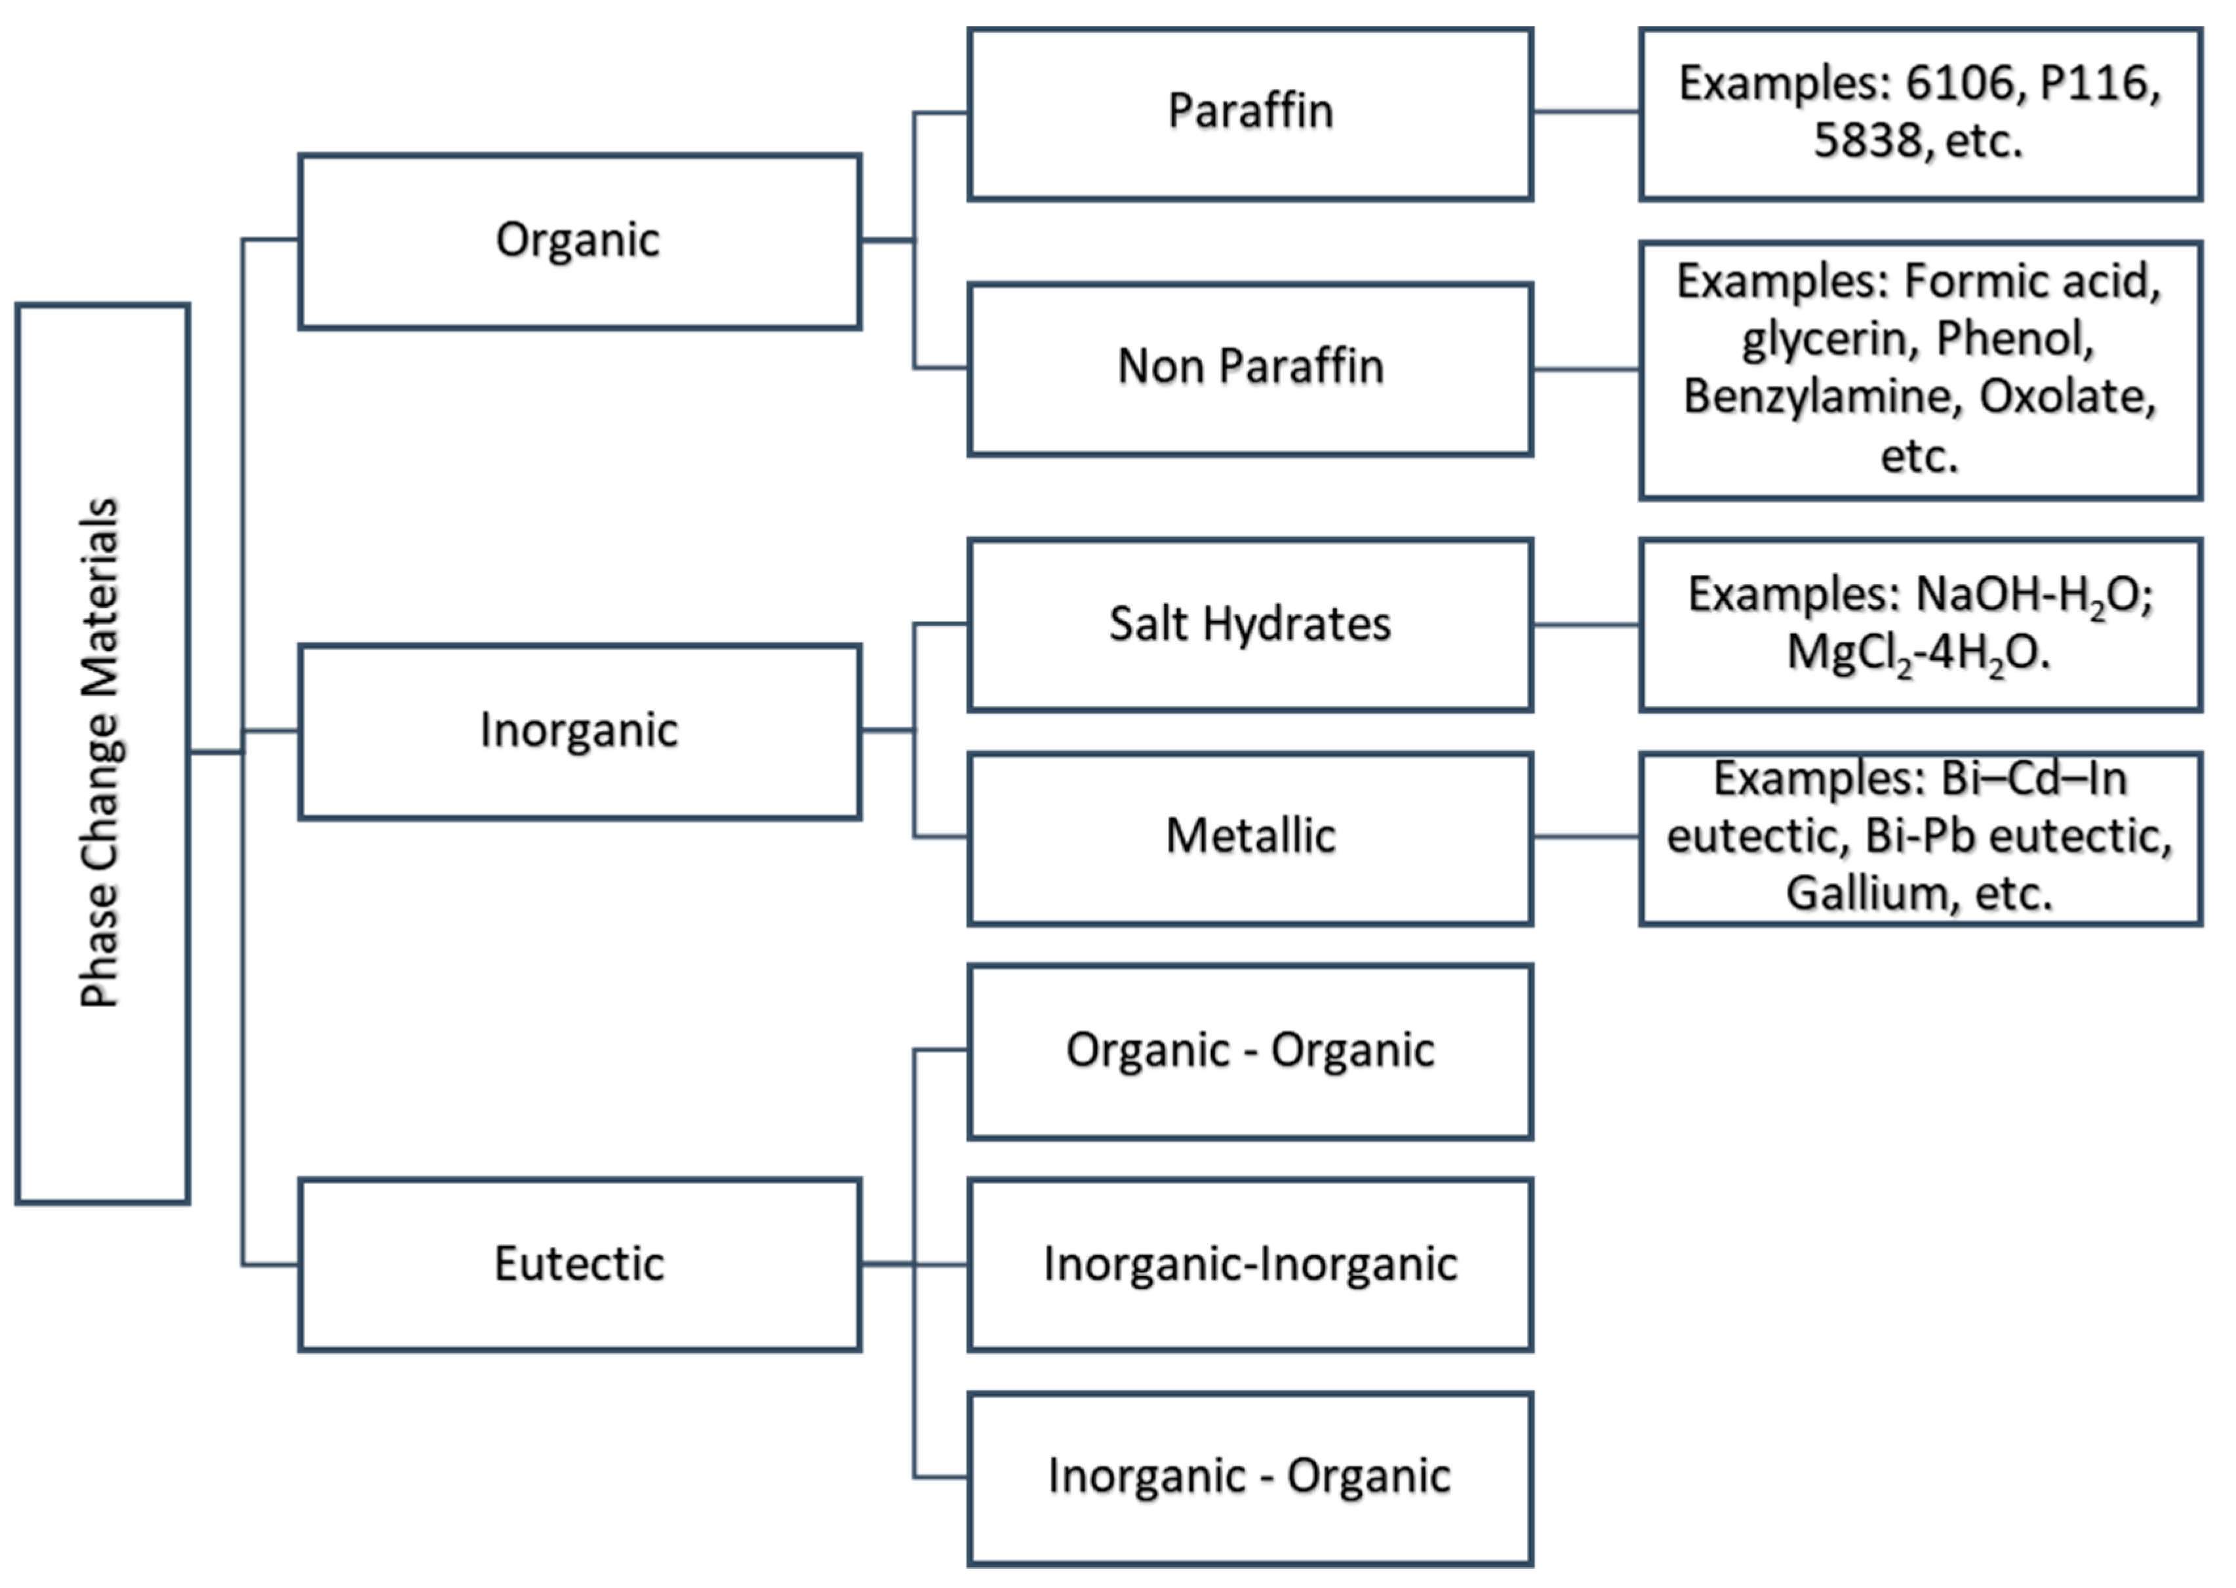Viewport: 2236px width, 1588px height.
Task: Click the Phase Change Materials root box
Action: (x=103, y=753)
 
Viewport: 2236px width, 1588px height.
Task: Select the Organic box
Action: (x=579, y=241)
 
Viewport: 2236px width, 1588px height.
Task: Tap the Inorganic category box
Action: (x=579, y=730)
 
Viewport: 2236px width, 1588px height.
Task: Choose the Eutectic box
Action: (x=579, y=1264)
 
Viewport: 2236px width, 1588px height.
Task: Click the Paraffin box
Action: (x=1250, y=113)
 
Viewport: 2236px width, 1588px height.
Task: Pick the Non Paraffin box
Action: (x=1250, y=368)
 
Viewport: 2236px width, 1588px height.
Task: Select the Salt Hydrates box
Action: (x=1250, y=624)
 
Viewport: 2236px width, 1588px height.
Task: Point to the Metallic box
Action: (x=1250, y=837)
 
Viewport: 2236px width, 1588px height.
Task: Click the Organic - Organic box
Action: (x=1250, y=1051)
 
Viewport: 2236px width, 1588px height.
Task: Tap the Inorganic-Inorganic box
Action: (x=1250, y=1264)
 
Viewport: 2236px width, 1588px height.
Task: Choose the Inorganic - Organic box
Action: (x=1250, y=1477)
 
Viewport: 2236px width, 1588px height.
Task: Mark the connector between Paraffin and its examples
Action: (x=1586, y=111)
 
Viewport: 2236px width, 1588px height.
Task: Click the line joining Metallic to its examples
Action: (x=1586, y=837)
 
